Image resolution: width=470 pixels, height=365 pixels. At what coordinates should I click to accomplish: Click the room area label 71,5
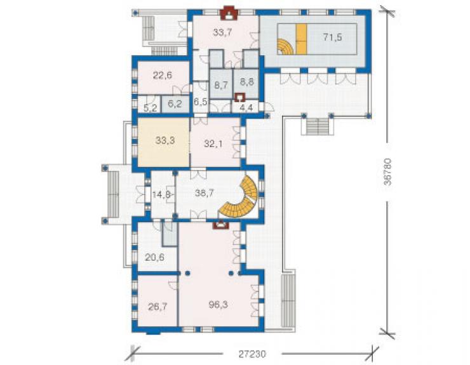click(x=332, y=37)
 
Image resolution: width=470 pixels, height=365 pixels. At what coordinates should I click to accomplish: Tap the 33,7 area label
click(x=222, y=32)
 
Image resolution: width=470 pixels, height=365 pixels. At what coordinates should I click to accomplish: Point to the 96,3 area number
click(x=218, y=305)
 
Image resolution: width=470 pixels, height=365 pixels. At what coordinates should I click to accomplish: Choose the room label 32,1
click(x=213, y=144)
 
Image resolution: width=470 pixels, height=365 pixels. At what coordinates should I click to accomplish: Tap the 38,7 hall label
click(x=204, y=193)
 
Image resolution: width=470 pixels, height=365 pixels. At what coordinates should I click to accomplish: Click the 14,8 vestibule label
click(x=161, y=195)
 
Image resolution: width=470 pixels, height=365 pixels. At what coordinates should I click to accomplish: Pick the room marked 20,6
click(x=155, y=257)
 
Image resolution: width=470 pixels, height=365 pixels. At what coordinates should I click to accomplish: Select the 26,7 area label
click(x=158, y=307)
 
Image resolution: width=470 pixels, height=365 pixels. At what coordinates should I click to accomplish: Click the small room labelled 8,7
click(x=221, y=86)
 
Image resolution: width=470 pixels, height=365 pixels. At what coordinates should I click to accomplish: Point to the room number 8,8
click(x=246, y=82)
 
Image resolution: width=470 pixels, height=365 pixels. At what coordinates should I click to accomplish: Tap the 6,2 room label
click(x=175, y=104)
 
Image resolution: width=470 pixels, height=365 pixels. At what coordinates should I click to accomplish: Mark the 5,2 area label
click(x=150, y=108)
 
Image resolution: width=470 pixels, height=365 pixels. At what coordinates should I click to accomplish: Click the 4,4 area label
click(x=246, y=108)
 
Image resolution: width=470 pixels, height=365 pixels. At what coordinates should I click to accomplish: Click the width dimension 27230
click(x=252, y=354)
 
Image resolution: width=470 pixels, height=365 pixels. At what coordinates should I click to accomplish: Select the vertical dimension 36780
click(x=387, y=172)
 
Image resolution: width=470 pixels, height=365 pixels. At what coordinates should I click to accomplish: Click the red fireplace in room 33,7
click(x=229, y=14)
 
